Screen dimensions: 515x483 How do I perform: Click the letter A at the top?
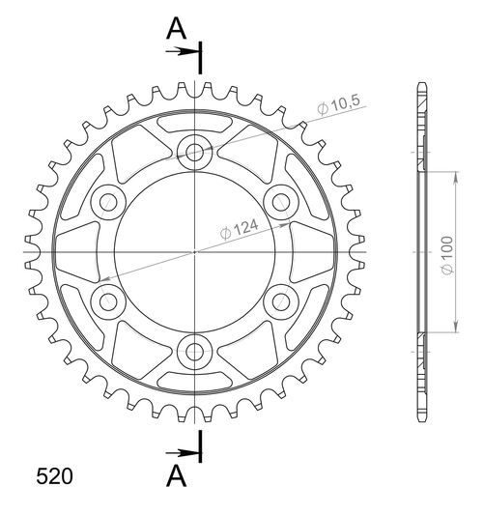[176, 29]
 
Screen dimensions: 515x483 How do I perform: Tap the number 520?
[52, 476]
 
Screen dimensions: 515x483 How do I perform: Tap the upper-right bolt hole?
[282, 201]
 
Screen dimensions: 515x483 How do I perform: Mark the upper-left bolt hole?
[108, 201]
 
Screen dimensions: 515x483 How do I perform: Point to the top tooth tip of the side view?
[420, 84]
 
